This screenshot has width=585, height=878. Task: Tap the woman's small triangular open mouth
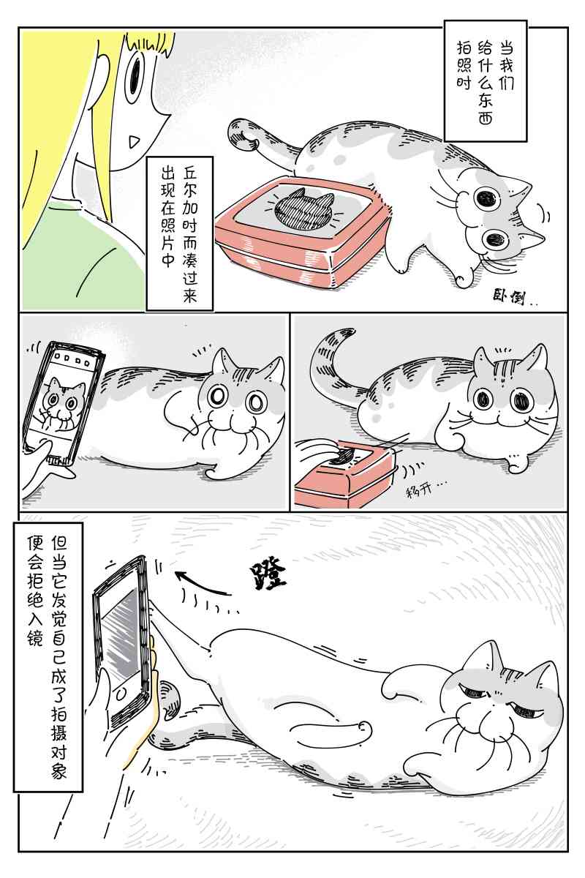coord(133,140)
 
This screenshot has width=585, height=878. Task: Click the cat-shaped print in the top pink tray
coord(302,207)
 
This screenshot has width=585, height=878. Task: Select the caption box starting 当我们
coord(485,81)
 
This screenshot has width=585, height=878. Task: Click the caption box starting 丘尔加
coord(179,233)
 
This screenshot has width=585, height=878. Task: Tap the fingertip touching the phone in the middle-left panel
coord(46,446)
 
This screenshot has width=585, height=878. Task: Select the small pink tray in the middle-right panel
coord(344,473)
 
